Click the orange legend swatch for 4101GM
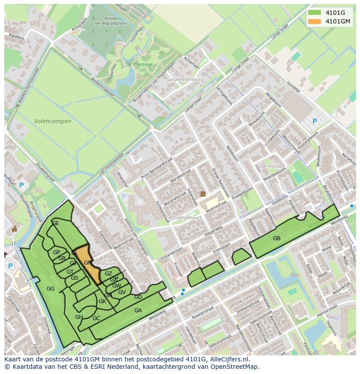[316, 21]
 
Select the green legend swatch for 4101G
[316, 13]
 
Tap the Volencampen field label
[53, 121]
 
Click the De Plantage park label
[139, 64]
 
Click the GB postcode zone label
[277, 238]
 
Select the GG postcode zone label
[50, 289]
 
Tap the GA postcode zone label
[138, 310]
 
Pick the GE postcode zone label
[55, 223]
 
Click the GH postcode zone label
[79, 317]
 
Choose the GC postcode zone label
[96, 318]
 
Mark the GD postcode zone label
[138, 297]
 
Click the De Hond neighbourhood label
[270, 166]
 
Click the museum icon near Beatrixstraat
[203, 194]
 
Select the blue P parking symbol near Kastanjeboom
[314, 122]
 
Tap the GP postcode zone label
[57, 252]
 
